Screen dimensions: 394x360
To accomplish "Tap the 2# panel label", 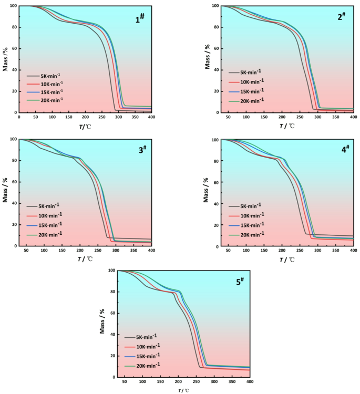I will pos(341,17).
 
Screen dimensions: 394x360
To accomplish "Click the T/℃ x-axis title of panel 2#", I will pos(287,126).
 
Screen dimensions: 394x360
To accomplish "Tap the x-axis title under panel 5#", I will pos(183,390).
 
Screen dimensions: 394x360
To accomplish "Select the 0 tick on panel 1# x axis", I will pos(19,118).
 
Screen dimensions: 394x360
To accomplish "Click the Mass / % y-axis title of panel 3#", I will pos(5,192).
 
